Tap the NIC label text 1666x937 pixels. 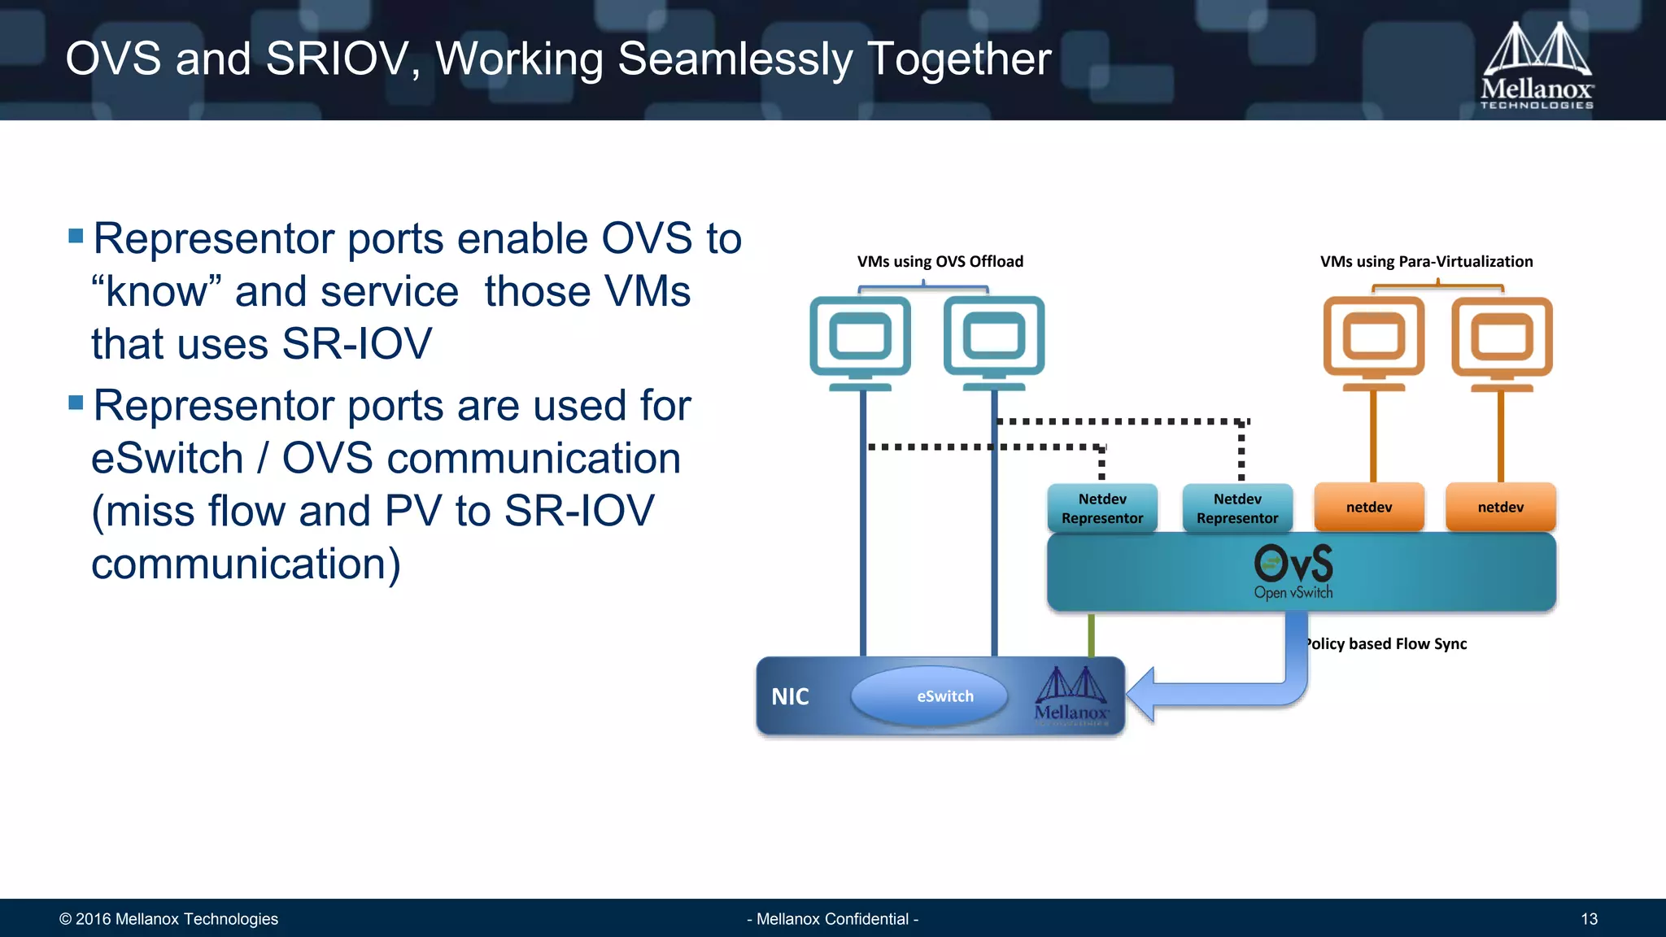pyautogui.click(x=790, y=697)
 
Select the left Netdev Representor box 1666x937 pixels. pyautogui.click(x=1102, y=508)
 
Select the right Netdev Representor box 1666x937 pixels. pyautogui.click(x=1237, y=508)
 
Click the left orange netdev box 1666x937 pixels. pyautogui.click(x=1369, y=507)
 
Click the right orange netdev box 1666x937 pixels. pyautogui.click(x=1501, y=507)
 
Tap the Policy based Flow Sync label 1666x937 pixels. pyautogui.click(x=1387, y=643)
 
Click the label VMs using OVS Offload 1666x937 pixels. pyautogui.click(x=940, y=261)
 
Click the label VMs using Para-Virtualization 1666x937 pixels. pyautogui.click(x=1426, y=261)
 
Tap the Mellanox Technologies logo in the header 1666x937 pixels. pyautogui.click(x=1537, y=65)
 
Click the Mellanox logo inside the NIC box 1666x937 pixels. pyautogui.click(x=1071, y=696)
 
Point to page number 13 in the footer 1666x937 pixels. pyautogui.click(x=1589, y=919)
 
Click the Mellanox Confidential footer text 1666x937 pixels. pyautogui.click(x=832, y=919)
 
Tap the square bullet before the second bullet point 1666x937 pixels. pyautogui.click(x=76, y=403)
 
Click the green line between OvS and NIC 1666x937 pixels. pyautogui.click(x=1091, y=634)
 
